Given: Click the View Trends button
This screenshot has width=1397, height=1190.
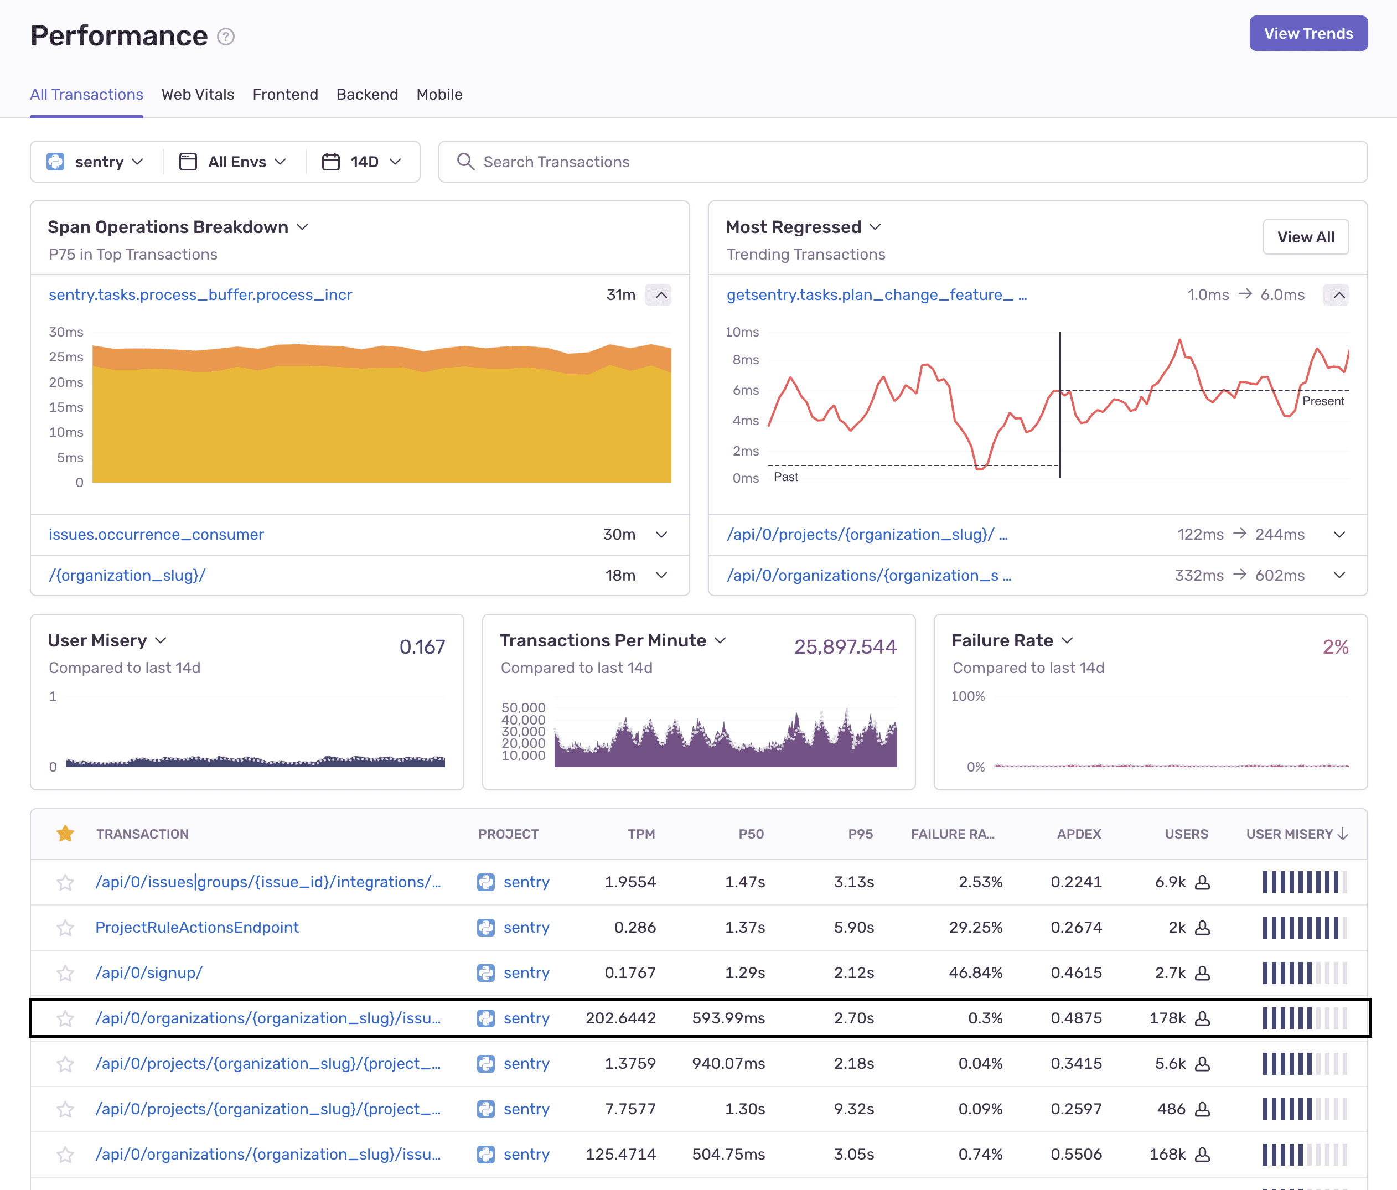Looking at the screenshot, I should [1307, 34].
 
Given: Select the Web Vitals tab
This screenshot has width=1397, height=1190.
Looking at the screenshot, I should [198, 95].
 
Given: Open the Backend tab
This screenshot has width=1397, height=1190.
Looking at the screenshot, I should [367, 95].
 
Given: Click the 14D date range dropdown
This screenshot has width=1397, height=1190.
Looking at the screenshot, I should [362, 162].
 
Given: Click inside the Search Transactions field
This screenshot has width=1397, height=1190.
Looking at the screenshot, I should [903, 162].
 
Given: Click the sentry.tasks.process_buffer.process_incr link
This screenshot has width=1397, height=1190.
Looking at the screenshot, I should [200, 294].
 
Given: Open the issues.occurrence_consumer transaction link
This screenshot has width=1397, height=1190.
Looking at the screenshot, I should [156, 534].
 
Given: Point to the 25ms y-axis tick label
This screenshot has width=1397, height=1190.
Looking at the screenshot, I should [66, 356].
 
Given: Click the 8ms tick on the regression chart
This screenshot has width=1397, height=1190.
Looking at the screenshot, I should [745, 359].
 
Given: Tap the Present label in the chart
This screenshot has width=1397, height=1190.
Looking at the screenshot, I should [1322, 401].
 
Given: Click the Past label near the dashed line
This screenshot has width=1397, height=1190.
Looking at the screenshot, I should [785, 477].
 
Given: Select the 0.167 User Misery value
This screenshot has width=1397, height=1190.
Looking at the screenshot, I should [422, 646].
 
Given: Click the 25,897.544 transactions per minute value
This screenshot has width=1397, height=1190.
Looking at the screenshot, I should [845, 646].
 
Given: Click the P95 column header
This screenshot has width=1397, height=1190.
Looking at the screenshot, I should [860, 834].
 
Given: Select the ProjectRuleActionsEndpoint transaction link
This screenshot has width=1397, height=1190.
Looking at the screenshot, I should [197, 927].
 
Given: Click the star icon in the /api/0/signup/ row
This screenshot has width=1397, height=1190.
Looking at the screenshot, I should [65, 973].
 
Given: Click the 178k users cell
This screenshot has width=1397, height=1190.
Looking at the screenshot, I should [1167, 1018].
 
